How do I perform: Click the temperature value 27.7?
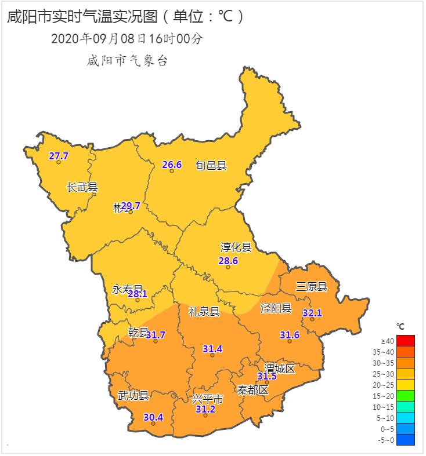tap(59, 156)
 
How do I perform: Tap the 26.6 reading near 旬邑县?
tap(172, 165)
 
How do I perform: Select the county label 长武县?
tap(82, 187)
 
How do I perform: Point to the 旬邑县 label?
tap(211, 166)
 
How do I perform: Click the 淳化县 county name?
tap(236, 248)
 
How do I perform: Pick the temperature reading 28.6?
tap(228, 261)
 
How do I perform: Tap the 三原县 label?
tap(312, 287)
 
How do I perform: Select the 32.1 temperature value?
tap(312, 313)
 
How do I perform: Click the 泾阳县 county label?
tap(276, 308)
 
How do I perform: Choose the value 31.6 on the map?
tap(290, 335)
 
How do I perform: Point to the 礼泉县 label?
tap(204, 312)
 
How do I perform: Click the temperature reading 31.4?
tap(212, 348)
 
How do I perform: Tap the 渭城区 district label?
tap(280, 368)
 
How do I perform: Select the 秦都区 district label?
tap(253, 389)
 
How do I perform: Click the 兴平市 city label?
tap(208, 399)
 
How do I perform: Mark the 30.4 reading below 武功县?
tap(153, 417)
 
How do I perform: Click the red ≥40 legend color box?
tap(406, 341)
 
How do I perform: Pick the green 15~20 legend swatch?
tap(406, 396)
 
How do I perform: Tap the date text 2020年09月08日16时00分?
tap(128, 39)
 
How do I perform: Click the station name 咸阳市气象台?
tap(127, 60)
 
